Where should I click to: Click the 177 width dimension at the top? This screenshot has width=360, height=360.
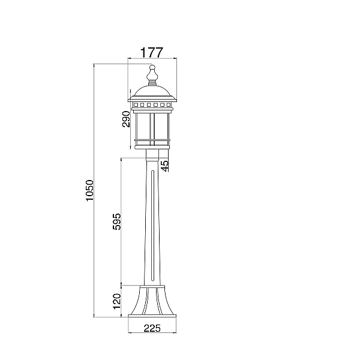(x=152, y=53)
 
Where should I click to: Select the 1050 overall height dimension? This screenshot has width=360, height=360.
(x=90, y=190)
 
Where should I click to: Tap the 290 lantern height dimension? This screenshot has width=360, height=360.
(x=126, y=119)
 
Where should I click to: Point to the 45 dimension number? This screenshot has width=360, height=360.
(x=165, y=166)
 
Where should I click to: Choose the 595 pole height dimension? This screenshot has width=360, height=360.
(x=116, y=221)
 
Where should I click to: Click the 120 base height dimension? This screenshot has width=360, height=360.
(x=117, y=301)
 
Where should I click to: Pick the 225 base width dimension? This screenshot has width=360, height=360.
(x=152, y=328)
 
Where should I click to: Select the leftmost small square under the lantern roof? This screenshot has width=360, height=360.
(x=136, y=105)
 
